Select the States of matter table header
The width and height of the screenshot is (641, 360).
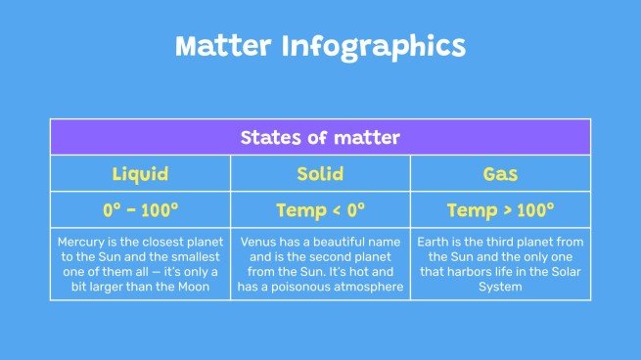pos(320,137)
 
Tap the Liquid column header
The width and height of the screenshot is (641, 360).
pos(140,174)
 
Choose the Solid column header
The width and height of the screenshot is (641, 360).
pos(320,174)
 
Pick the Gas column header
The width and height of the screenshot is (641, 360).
pos(500,174)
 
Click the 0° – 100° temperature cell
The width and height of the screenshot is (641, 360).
pos(140,209)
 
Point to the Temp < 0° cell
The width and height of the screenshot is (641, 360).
pos(320,209)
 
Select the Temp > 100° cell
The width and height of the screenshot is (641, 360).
pos(500,209)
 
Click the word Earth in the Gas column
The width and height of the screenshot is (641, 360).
pos(436,241)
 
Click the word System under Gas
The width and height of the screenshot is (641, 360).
pos(500,287)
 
